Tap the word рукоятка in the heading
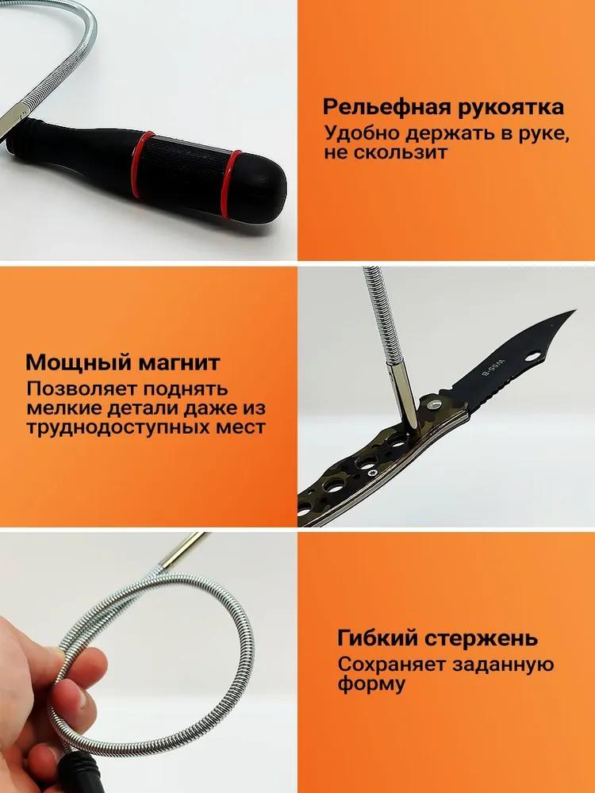[511, 108]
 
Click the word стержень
[480, 639]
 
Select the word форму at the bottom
[371, 685]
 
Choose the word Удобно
[363, 134]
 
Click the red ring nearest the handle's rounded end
[232, 185]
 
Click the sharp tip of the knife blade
[574, 311]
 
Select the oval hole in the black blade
[532, 357]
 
